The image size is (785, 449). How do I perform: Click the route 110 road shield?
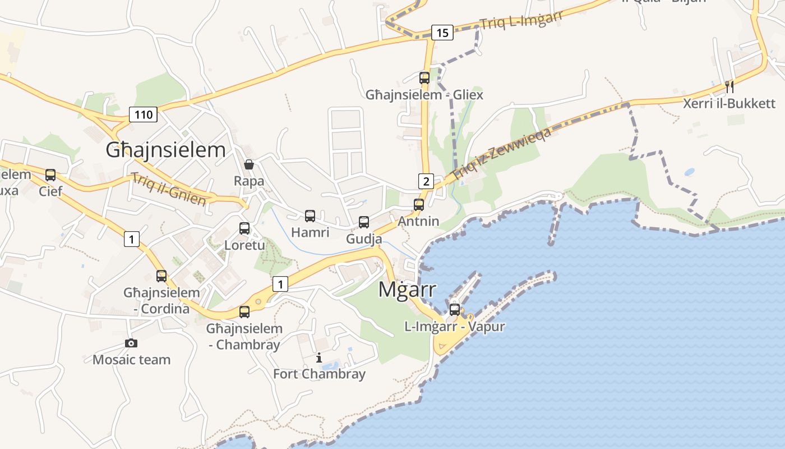click(144, 114)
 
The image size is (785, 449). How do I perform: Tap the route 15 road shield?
click(442, 33)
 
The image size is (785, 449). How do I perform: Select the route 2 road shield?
click(426, 181)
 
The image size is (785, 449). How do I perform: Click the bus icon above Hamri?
click(310, 216)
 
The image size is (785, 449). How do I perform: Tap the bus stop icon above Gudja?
click(364, 222)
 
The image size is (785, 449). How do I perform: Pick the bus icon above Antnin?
click(419, 205)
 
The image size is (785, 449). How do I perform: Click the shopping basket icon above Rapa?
click(249, 164)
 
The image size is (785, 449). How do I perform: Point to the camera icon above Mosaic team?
click(131, 343)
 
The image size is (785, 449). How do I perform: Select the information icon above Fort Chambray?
click(319, 358)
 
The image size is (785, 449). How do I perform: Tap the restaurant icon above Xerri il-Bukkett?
click(729, 86)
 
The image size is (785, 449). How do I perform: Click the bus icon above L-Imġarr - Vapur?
click(455, 309)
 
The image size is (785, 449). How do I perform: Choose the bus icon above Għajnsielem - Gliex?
click(424, 78)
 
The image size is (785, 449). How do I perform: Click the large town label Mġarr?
click(407, 290)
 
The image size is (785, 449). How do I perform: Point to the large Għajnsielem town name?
click(166, 150)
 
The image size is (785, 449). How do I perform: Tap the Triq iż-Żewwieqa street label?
click(502, 153)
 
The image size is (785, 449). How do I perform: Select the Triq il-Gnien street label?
click(169, 189)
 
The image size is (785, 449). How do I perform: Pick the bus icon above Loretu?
click(244, 228)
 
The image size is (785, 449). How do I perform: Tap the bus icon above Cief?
click(50, 175)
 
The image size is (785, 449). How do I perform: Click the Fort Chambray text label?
click(319, 374)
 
